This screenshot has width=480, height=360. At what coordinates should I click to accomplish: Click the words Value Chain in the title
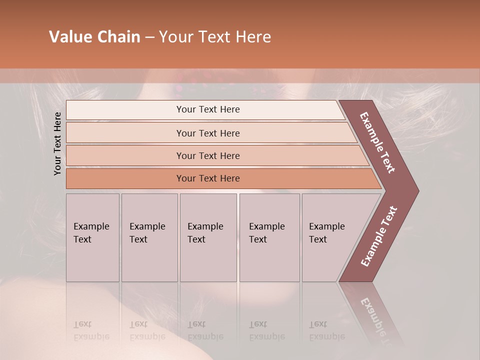coord(94,37)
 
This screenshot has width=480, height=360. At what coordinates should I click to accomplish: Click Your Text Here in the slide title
coord(215,37)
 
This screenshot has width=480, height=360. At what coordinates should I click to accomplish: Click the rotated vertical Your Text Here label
coord(57,143)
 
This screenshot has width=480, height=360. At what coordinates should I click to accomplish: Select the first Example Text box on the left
coord(92,237)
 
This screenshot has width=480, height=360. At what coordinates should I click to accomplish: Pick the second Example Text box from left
coord(149,237)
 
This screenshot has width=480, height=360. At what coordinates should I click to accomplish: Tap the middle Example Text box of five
coord(208,237)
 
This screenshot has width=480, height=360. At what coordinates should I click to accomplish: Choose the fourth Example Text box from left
coord(269,237)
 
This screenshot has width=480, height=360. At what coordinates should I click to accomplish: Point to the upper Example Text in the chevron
coord(378,142)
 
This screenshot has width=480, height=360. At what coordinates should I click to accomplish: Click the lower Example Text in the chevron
coord(379,236)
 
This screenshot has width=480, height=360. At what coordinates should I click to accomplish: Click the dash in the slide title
coord(149,37)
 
